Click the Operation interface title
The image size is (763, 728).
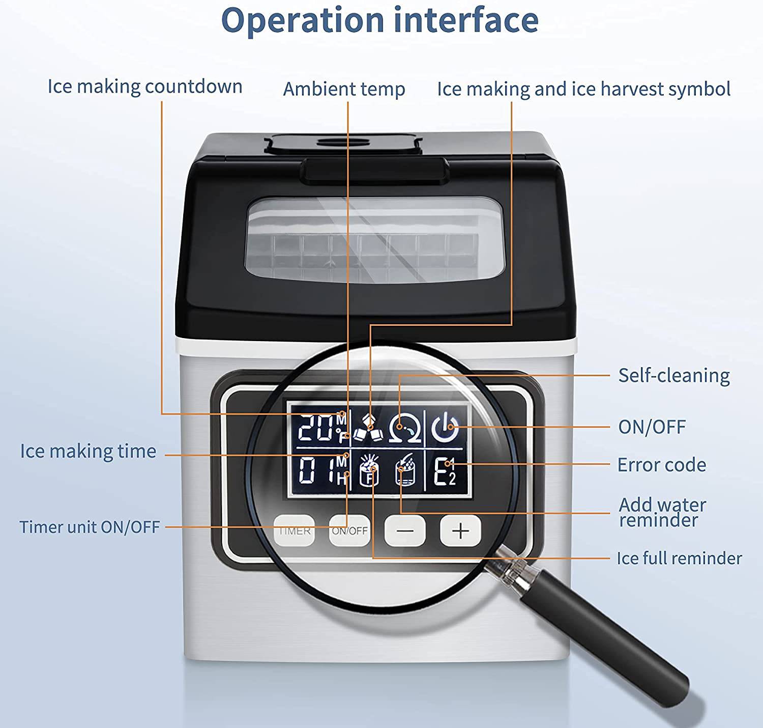coord(379,20)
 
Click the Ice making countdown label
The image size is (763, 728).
coord(145,87)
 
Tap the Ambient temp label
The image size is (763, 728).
coord(344,89)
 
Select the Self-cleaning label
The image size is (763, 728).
coord(673,376)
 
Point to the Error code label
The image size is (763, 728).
coord(661,465)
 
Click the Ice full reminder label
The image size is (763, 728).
coord(679,558)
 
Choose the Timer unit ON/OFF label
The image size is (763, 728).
coord(90,527)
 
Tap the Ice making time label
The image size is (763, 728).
coord(88,451)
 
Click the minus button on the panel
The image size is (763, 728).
coord(405,531)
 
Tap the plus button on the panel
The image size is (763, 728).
coord(460,531)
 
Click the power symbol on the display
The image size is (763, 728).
coord(445,427)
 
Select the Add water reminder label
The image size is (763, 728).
coord(662,512)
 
